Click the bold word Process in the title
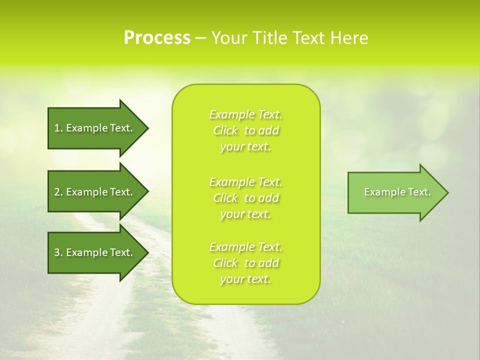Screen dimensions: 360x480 pyautogui.click(x=157, y=38)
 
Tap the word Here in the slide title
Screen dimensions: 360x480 pyautogui.click(x=350, y=38)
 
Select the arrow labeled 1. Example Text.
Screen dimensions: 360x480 pyautogui.click(x=95, y=128)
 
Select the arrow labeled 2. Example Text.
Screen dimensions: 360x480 pyautogui.click(x=95, y=192)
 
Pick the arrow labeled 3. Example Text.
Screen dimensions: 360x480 pyautogui.click(x=95, y=252)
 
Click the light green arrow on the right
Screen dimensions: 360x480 pyautogui.click(x=395, y=192)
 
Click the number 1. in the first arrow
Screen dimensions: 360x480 pyautogui.click(x=58, y=128)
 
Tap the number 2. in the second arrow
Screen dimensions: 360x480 pyautogui.click(x=58, y=192)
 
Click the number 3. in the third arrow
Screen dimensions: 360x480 pyautogui.click(x=58, y=253)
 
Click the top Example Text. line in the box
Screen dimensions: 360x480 pyautogui.click(x=245, y=114)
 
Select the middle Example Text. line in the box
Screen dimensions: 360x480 pyautogui.click(x=245, y=181)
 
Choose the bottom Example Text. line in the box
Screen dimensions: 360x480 pyautogui.click(x=245, y=247)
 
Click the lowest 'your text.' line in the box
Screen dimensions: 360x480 pyautogui.click(x=245, y=279)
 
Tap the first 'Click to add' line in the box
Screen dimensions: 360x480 pyautogui.click(x=245, y=130)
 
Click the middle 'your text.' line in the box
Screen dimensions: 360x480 pyautogui.click(x=245, y=214)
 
